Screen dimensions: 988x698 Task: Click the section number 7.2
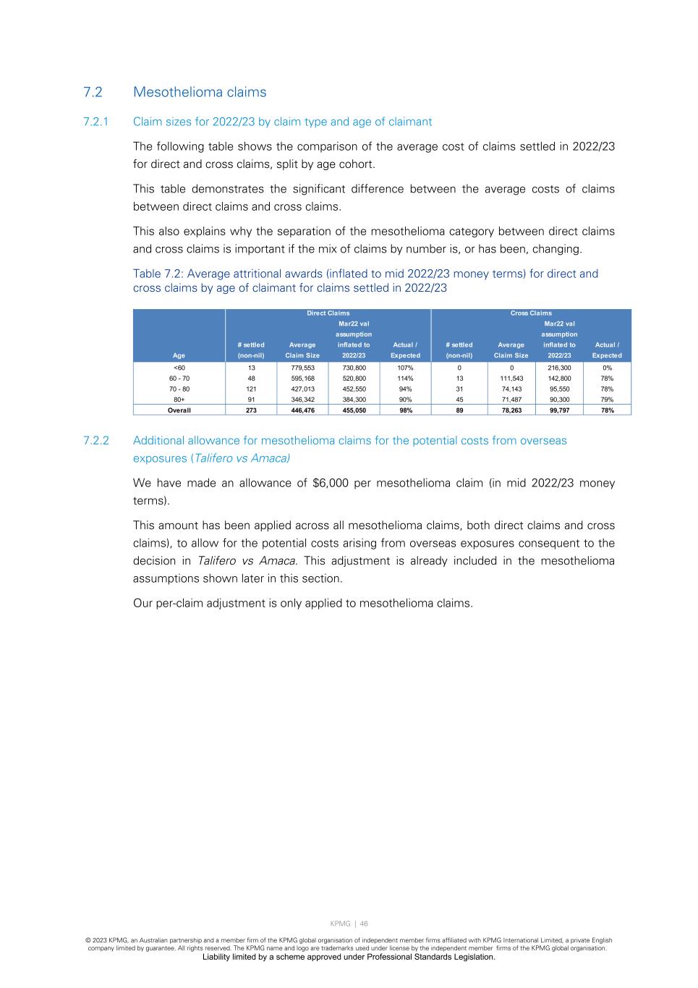click(93, 92)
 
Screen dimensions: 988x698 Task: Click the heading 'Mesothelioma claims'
click(200, 92)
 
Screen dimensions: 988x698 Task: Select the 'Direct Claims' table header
click(328, 313)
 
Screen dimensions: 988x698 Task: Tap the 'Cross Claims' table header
click(530, 313)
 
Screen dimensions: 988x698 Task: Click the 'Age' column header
click(179, 355)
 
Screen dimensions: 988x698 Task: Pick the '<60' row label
click(179, 368)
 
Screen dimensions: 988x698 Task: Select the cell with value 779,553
click(302, 368)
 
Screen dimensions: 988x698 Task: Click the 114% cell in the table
click(405, 379)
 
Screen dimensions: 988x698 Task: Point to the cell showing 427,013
click(302, 389)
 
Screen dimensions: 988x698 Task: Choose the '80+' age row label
click(179, 400)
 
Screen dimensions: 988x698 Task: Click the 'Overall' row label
click(179, 410)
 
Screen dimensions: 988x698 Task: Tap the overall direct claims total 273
click(251, 410)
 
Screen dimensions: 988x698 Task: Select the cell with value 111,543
click(511, 379)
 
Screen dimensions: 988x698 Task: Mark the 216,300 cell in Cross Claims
click(559, 368)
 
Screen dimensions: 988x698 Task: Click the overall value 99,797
click(559, 410)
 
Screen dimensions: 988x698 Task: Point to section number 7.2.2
click(96, 441)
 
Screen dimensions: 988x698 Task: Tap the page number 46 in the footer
click(364, 924)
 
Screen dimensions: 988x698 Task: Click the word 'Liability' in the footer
click(216, 957)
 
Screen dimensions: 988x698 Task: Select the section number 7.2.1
click(96, 122)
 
